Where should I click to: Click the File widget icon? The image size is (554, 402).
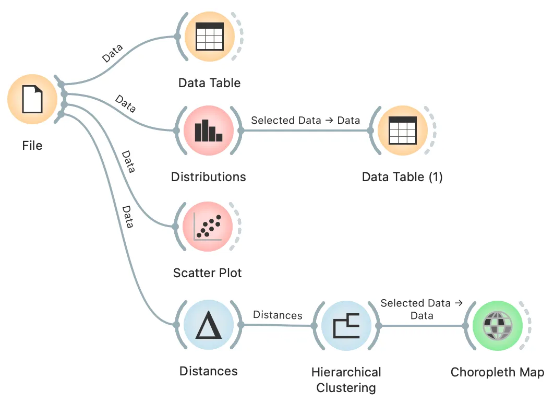pos(32,99)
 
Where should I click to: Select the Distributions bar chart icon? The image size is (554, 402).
pos(209,131)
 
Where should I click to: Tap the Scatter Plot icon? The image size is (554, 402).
pos(208,227)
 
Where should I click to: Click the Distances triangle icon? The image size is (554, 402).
pos(209,325)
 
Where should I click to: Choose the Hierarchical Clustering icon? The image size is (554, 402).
pos(346,326)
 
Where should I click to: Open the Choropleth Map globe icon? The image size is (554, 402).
pos(498,326)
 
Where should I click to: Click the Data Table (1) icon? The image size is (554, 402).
pos(402,131)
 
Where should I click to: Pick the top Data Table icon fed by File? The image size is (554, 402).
pos(210,37)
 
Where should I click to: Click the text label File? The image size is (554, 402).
pos(32,145)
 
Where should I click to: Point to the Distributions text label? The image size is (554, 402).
pos(209,177)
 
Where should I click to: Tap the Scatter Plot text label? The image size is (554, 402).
pos(208,273)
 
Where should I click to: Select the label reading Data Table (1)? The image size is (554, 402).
pos(402,177)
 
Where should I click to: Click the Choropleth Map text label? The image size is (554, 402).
pos(498,372)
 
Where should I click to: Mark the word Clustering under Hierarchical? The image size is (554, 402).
pos(346,388)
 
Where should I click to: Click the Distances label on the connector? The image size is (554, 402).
pos(278,315)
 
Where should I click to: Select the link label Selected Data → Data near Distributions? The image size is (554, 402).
pos(306,121)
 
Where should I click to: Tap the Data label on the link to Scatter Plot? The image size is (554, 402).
pos(128,161)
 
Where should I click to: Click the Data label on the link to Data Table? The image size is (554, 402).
pos(112,53)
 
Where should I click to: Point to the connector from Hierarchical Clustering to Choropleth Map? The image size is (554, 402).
pos(422,326)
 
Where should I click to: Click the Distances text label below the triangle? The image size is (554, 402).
pos(209,371)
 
